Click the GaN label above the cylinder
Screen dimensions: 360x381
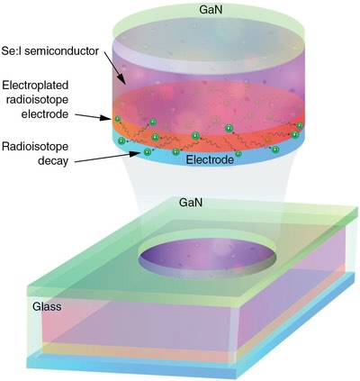coord(211,10)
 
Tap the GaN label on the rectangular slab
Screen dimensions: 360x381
coord(191,203)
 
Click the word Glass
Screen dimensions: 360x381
coord(47,306)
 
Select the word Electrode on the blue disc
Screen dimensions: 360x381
coord(210,159)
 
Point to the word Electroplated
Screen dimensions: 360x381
coord(35,86)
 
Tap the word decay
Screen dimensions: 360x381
coord(53,161)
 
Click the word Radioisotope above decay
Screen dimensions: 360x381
coord(35,147)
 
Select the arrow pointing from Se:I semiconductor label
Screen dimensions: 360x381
coord(114,68)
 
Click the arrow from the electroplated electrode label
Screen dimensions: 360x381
coord(94,116)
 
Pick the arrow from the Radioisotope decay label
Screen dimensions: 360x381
coord(107,158)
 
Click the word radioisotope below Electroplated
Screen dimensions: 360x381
coord(37,100)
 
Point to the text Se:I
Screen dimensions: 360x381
coord(12,51)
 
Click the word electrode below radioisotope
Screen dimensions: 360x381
coord(45,114)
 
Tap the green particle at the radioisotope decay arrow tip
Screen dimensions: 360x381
coord(147,152)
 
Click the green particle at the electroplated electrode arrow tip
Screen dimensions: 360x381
coord(118,120)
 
